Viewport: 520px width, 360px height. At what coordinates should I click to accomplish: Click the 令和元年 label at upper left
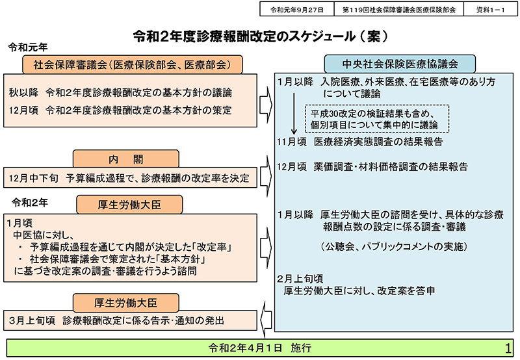[x=27, y=48]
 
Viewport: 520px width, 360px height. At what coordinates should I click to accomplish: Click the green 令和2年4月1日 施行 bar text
[x=260, y=348]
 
